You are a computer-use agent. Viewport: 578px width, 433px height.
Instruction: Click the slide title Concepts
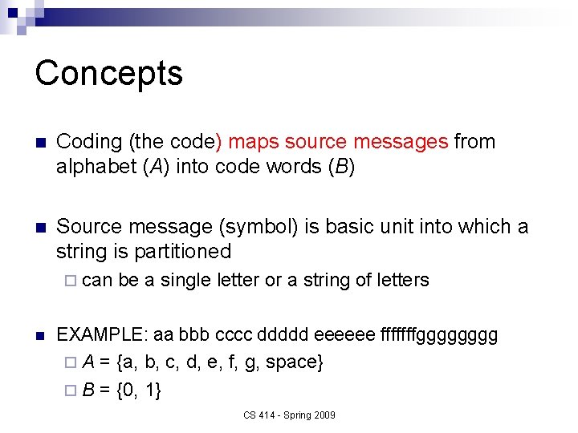click(109, 73)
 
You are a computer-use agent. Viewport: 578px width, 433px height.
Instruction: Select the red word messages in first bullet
click(401, 142)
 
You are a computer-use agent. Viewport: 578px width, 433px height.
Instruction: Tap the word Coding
click(88, 142)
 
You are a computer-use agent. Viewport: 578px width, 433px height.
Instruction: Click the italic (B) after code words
click(340, 168)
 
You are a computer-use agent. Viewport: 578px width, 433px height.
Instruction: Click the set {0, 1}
click(138, 391)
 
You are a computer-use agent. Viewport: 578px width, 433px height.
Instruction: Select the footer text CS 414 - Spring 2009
click(290, 415)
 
